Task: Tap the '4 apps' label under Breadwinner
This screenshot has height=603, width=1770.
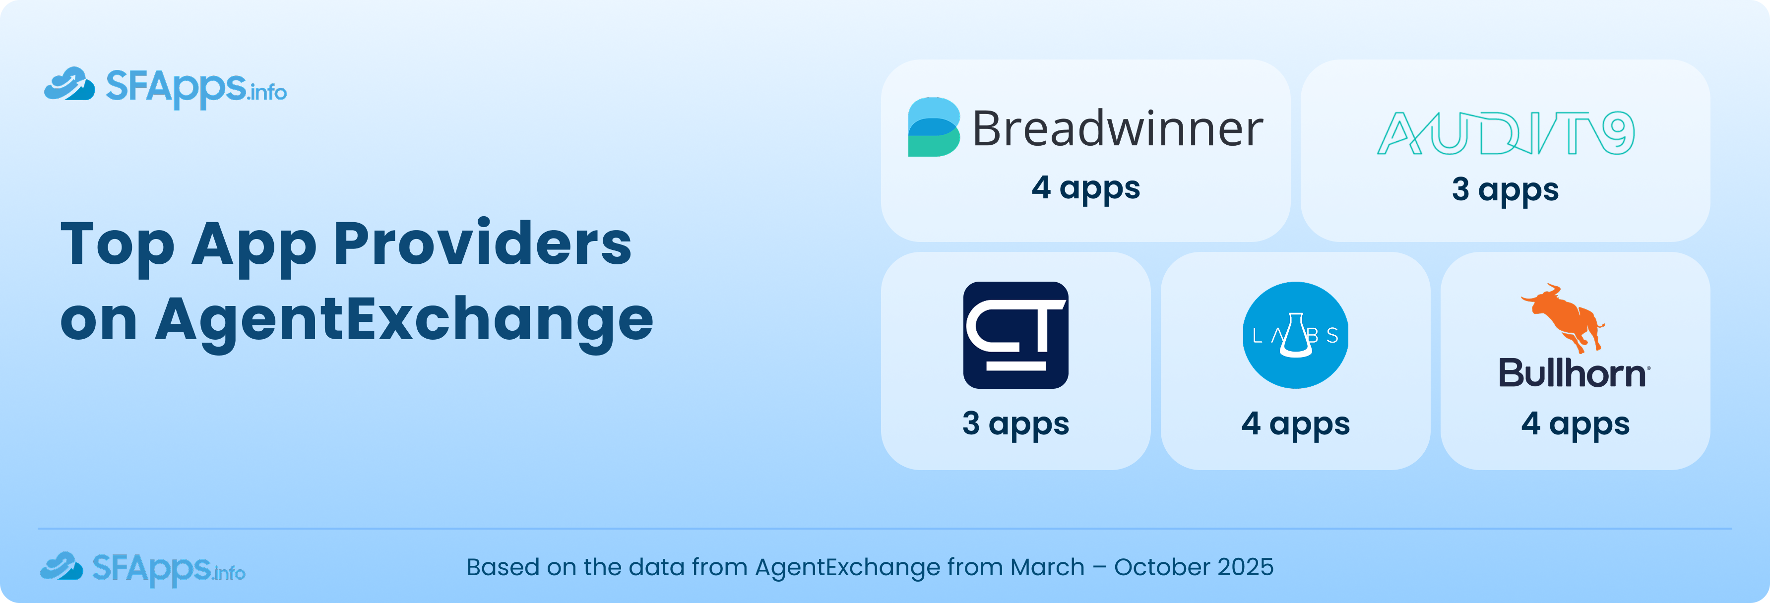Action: coord(1085,187)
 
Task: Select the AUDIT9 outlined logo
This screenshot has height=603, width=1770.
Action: coord(1506,133)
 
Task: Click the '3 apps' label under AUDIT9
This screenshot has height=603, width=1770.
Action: coord(1505,189)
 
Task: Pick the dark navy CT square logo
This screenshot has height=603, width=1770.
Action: coord(1015,335)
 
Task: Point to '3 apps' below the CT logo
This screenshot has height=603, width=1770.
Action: coord(1015,423)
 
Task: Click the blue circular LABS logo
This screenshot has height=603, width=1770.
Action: coord(1295,335)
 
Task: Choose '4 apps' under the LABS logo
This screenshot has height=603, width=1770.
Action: coord(1295,423)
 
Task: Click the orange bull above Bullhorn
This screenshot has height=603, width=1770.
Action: coord(1564,316)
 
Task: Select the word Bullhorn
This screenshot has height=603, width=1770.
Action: coord(1572,373)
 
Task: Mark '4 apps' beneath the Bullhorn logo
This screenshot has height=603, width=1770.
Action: coord(1575,423)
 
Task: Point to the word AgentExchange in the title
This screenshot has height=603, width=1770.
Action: coord(404,319)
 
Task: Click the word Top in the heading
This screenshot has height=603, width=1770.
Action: coord(118,244)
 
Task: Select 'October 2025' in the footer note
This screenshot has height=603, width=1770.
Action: coord(1194,567)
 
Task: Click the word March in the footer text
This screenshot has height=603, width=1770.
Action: coord(1047,567)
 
